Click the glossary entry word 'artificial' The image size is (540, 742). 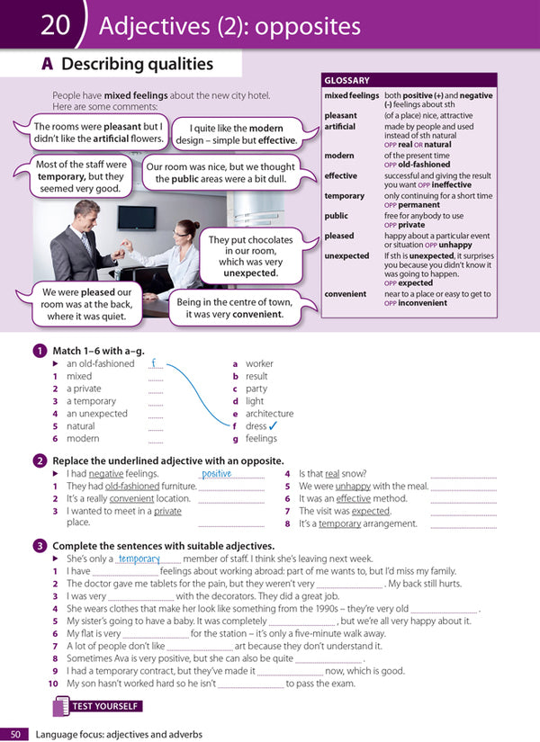pos(340,127)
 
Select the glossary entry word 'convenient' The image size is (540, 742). pos(346,293)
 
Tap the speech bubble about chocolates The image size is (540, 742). pos(250,256)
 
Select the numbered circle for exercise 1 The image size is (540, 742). pos(40,351)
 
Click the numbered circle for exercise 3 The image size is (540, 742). pos(40,545)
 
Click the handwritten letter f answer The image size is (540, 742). pos(154,363)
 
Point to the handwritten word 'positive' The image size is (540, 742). pos(217,473)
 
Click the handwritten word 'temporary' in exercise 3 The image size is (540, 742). pos(139,559)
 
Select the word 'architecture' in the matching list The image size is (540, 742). pos(269,414)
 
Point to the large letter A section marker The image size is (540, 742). pos(48,64)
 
